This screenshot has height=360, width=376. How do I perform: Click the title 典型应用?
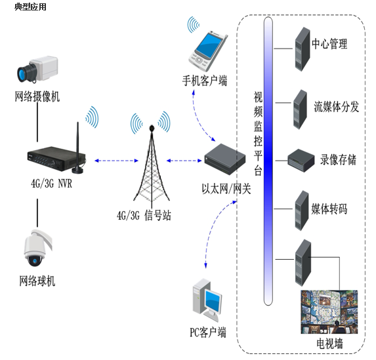[30, 7]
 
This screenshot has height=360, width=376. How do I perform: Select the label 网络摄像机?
[37, 96]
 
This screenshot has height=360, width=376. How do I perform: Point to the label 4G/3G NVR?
[51, 184]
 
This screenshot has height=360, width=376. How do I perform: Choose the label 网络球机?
[37, 281]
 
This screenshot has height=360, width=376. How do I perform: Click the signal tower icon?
[152, 164]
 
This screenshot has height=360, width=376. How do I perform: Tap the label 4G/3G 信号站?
[144, 215]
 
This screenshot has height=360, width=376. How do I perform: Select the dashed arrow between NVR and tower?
[117, 161]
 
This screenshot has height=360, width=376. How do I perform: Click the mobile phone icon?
[207, 50]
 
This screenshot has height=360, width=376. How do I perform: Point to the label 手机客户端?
[205, 81]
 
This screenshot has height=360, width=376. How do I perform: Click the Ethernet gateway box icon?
[225, 159]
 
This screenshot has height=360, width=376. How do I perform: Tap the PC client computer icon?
[207, 300]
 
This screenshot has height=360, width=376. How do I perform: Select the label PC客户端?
[208, 332]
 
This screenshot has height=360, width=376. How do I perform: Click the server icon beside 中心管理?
[303, 49]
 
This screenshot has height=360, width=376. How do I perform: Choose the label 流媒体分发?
[336, 106]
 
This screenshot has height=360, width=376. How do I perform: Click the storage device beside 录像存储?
[301, 161]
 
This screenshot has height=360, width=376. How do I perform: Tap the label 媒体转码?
[329, 209]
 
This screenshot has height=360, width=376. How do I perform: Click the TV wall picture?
[329, 312]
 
